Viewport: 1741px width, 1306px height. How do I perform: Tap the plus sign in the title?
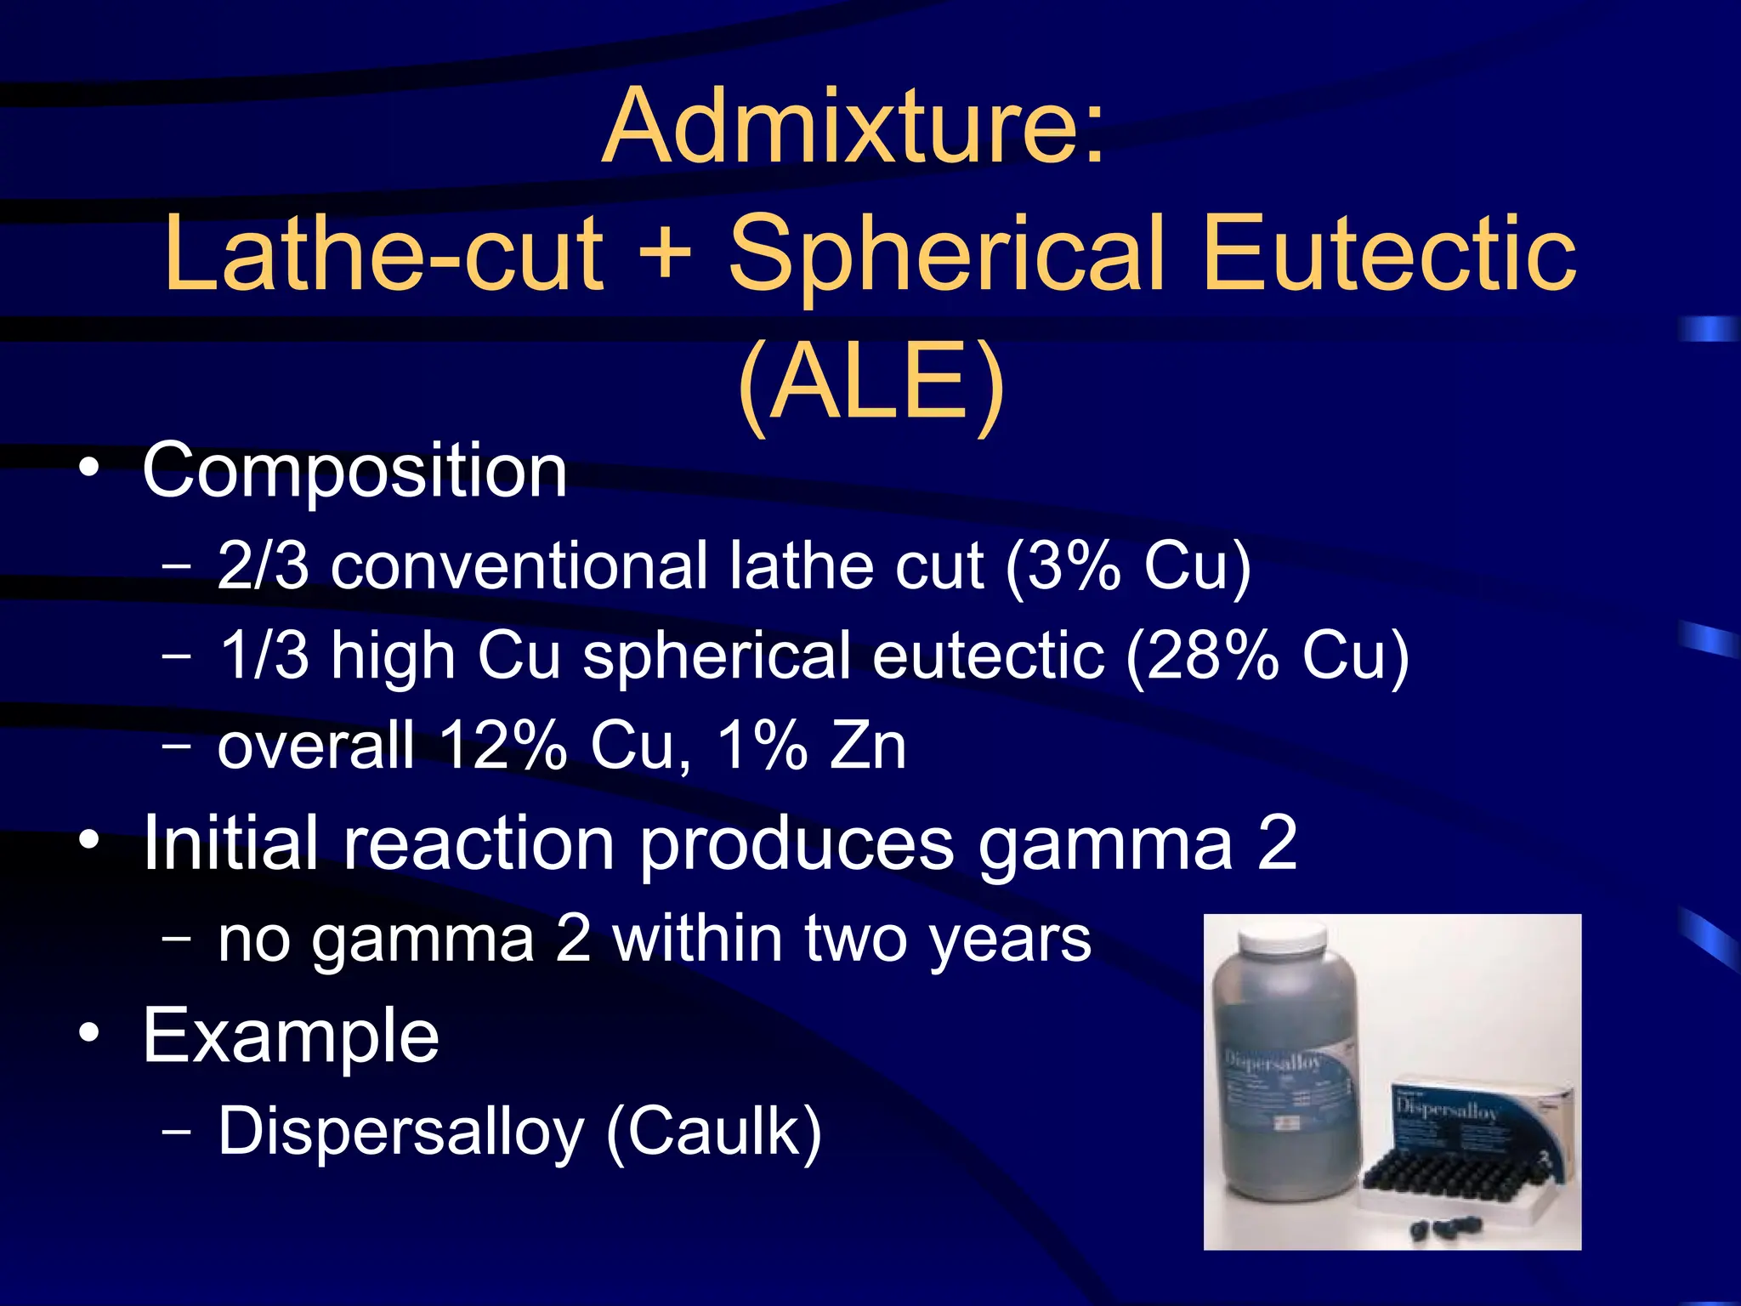pos(664,253)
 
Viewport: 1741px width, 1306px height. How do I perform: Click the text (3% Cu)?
pos(1127,565)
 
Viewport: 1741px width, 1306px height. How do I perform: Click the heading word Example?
pos(291,1035)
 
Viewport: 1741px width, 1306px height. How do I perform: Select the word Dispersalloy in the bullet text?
pos(401,1132)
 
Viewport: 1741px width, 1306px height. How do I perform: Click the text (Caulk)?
pos(714,1132)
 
